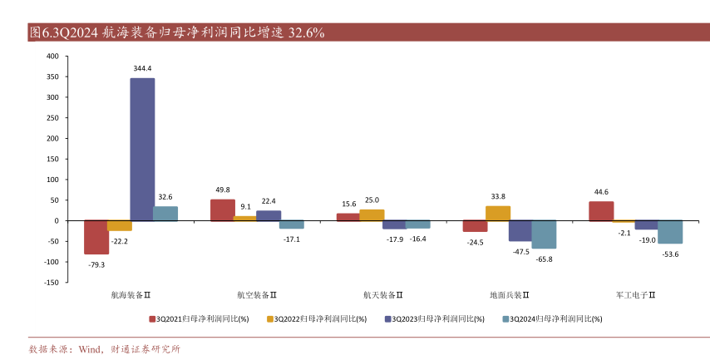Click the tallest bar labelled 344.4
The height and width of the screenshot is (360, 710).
click(142, 150)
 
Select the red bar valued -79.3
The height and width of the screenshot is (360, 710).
click(96, 237)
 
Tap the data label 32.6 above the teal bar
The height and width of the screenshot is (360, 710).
click(165, 197)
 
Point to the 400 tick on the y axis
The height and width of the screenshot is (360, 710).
click(52, 57)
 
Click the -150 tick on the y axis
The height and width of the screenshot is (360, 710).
click(51, 283)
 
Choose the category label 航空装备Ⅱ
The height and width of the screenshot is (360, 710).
click(257, 294)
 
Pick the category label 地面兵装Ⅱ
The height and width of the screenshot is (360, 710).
click(510, 294)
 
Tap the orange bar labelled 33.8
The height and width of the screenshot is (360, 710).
click(498, 214)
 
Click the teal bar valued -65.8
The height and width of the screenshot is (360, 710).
click(544, 234)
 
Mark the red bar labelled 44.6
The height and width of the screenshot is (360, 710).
click(601, 211)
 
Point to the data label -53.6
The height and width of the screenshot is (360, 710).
click(670, 254)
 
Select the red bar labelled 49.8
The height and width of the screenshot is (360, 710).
click(223, 210)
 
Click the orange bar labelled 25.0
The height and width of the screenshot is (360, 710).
click(372, 215)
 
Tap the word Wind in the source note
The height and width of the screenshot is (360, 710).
click(89, 349)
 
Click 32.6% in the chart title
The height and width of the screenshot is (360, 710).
click(306, 33)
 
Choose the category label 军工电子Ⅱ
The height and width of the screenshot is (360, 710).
click(636, 294)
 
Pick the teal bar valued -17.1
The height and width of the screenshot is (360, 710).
click(292, 224)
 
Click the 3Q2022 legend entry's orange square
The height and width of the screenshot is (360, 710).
click(270, 318)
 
